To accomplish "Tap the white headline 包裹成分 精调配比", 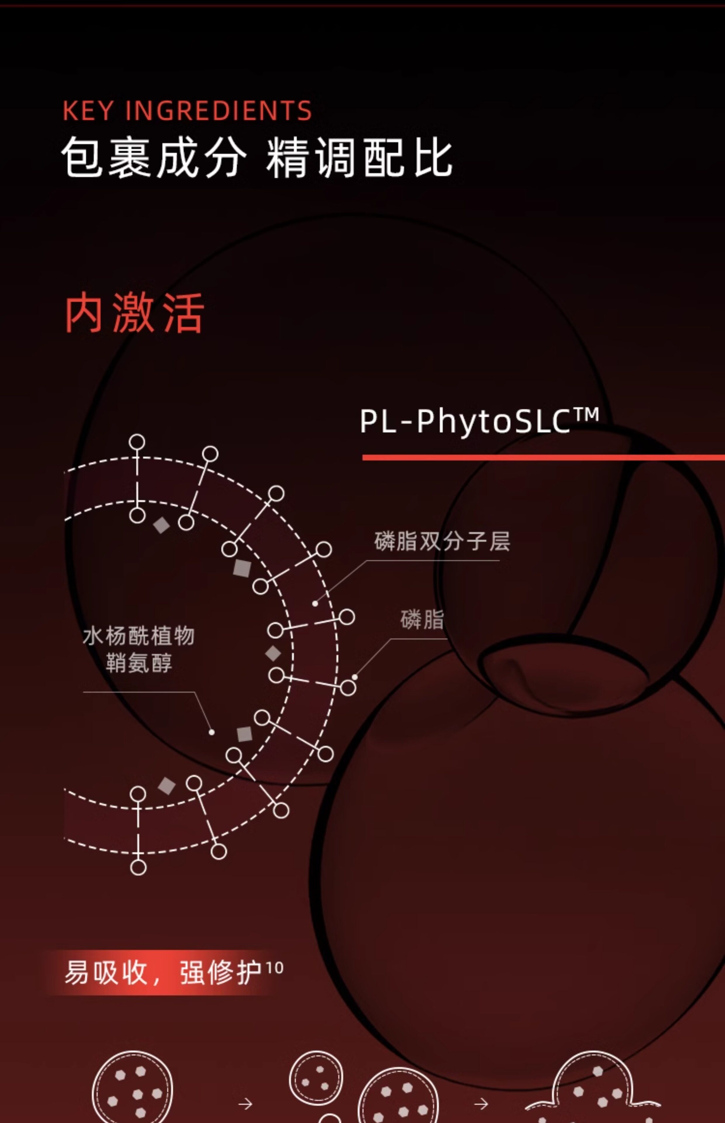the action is tap(257, 158).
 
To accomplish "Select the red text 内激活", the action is tap(134, 313).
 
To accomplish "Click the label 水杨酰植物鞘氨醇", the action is tap(138, 649).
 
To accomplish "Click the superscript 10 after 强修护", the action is tap(275, 968).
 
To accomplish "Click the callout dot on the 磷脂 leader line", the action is tap(355, 677).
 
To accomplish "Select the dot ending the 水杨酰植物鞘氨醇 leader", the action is tap(211, 732).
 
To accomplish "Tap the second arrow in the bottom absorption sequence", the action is tap(481, 1104).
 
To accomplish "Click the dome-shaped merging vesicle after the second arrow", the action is tap(593, 1088).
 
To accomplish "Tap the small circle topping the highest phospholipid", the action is tap(137, 442).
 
